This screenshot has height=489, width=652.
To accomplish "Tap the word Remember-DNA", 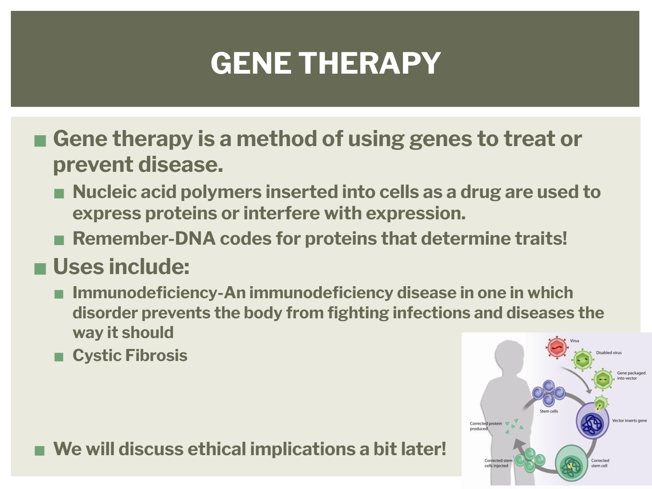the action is (x=144, y=238).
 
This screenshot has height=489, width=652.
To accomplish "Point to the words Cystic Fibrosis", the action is (x=130, y=355).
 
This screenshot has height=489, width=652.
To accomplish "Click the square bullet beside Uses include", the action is (x=40, y=269).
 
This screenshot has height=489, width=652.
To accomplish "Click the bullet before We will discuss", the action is (x=39, y=450).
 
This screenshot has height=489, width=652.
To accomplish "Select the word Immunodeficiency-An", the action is (x=159, y=293).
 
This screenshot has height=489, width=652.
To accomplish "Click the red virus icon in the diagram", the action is (x=557, y=347).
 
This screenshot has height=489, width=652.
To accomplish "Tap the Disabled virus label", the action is (x=609, y=353).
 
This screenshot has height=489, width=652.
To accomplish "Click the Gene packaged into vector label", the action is (x=631, y=376).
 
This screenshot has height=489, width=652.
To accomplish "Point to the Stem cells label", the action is (x=549, y=411).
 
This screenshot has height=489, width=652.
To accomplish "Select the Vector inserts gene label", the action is (x=629, y=421).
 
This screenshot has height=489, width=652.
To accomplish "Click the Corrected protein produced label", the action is (x=486, y=426).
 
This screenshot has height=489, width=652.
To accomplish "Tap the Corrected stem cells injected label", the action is (x=498, y=463).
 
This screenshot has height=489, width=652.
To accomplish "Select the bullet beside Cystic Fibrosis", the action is (x=59, y=357).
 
